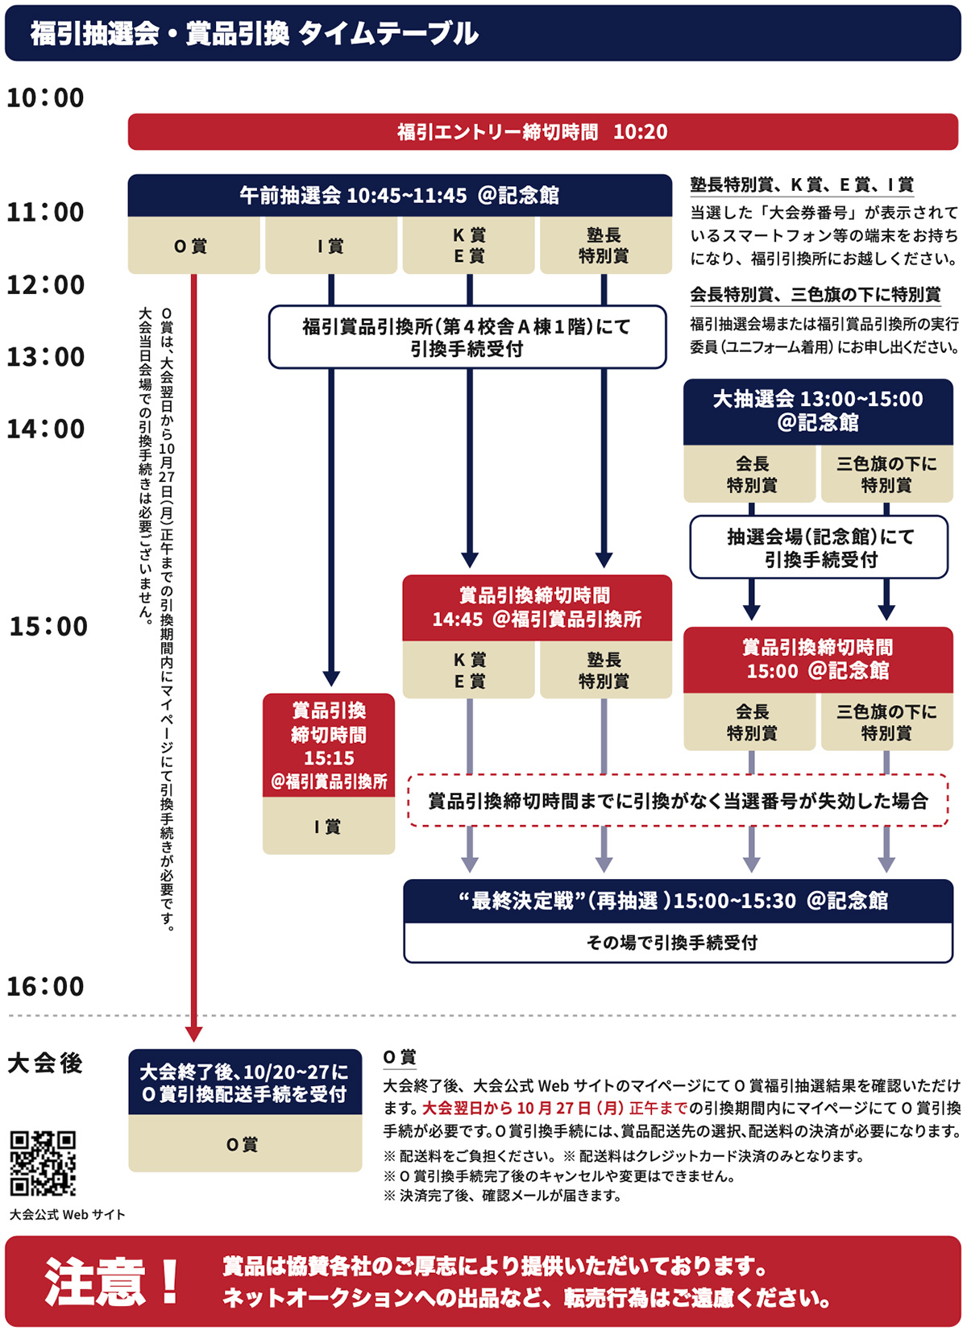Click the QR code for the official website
click(43, 1163)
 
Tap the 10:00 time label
click(45, 98)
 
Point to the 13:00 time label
click(45, 357)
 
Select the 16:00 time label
click(45, 986)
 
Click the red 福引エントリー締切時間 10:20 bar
click(542, 131)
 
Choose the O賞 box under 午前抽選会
click(193, 246)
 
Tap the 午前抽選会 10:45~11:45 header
click(400, 195)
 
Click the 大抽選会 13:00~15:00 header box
click(818, 411)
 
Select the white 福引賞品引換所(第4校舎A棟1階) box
click(467, 337)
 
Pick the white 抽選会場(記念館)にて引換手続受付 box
click(819, 547)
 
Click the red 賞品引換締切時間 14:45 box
click(537, 607)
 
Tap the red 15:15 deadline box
click(329, 745)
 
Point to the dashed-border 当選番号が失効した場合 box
click(678, 800)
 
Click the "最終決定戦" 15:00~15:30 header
click(678, 901)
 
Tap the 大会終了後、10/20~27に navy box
click(245, 1082)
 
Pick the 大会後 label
click(45, 1063)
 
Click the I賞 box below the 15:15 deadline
click(329, 826)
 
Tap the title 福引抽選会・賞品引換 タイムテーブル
click(255, 34)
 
